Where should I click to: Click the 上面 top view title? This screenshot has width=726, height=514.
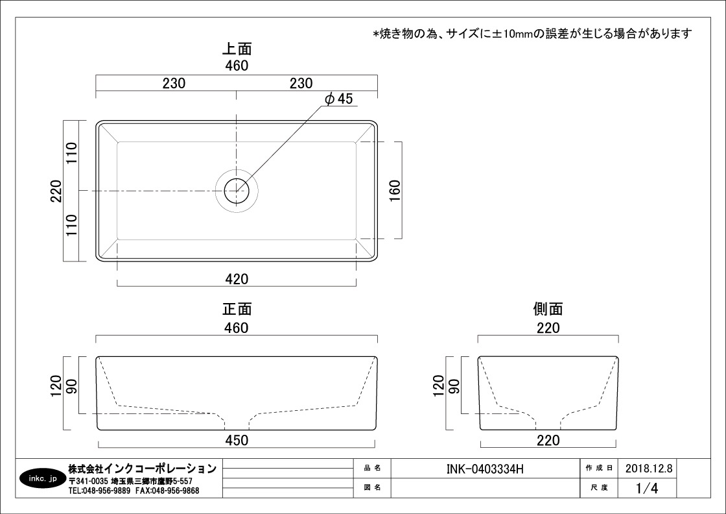(x=237, y=49)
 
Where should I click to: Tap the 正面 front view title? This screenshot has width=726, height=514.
(x=237, y=309)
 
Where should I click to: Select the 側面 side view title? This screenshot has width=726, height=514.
(x=548, y=309)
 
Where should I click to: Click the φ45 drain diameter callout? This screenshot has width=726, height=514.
(x=339, y=98)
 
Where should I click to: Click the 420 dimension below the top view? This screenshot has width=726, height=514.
(x=237, y=279)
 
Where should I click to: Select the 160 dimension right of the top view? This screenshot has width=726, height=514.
(x=395, y=191)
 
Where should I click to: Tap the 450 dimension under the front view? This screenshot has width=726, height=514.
(x=237, y=440)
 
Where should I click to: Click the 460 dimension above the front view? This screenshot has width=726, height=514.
(x=237, y=328)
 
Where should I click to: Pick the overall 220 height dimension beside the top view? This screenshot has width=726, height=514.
(x=56, y=191)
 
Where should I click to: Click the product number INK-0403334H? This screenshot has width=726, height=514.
(x=485, y=469)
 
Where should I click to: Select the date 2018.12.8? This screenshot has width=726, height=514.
(x=649, y=468)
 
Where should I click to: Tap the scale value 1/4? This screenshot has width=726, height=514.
(x=647, y=487)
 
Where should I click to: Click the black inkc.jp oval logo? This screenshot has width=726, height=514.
(x=42, y=478)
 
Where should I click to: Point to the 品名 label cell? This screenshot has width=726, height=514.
(x=372, y=468)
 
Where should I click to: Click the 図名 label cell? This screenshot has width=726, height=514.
(x=372, y=487)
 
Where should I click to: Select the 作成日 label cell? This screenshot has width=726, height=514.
(x=599, y=468)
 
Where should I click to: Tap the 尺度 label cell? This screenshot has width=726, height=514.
(x=599, y=487)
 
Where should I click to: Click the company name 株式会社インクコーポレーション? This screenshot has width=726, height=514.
(x=142, y=469)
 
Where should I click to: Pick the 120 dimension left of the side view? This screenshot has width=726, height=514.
(x=438, y=385)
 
